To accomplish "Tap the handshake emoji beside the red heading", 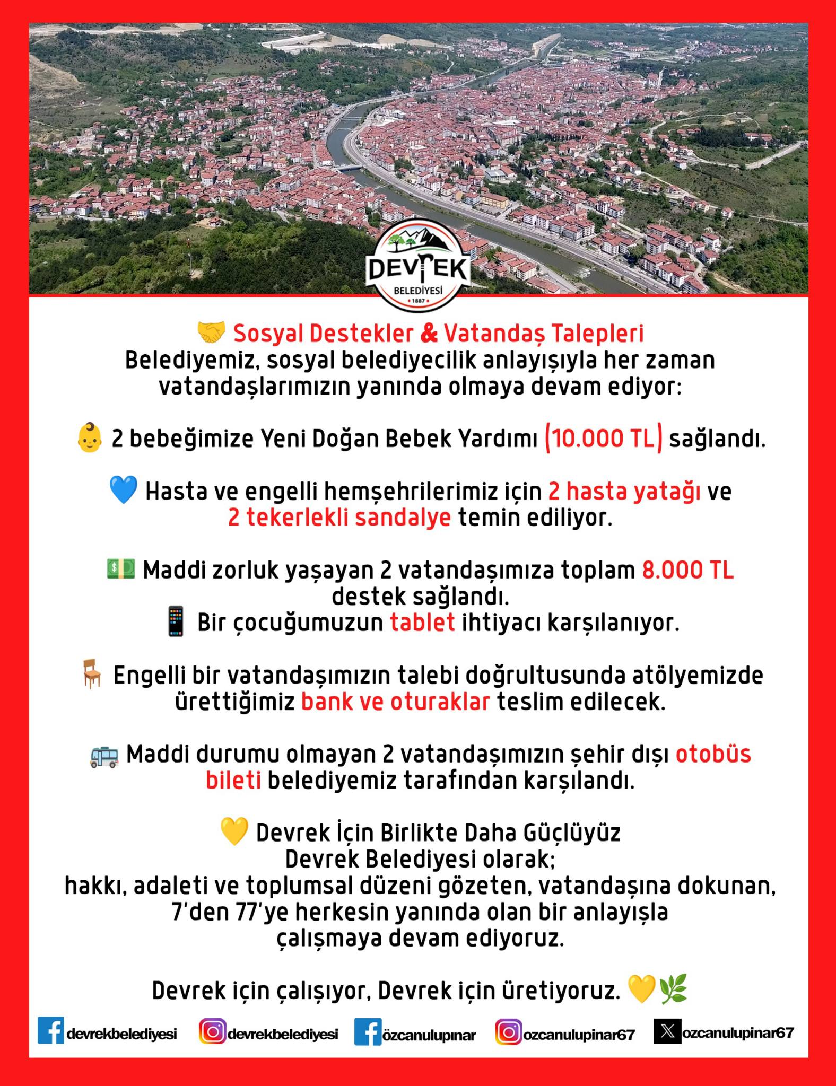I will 211,333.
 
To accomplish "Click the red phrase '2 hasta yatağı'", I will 624,492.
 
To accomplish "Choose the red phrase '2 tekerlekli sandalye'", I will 339,518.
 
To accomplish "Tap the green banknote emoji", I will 121,569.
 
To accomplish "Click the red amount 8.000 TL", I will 688,571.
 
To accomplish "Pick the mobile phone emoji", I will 176,623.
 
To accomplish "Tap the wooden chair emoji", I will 92,676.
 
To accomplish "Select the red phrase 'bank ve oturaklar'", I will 395,702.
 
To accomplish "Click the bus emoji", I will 104,755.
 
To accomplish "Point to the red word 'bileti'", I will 233,781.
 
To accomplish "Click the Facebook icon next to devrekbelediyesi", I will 51,1030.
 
